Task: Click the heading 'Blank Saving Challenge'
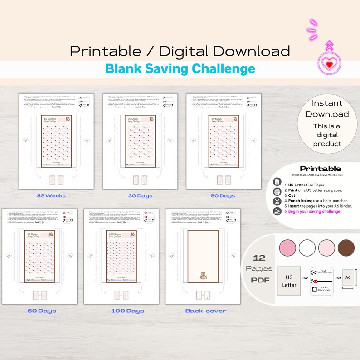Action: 180,69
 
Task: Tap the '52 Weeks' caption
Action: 51,196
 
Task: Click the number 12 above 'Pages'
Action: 259,258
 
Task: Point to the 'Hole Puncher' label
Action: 324,287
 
